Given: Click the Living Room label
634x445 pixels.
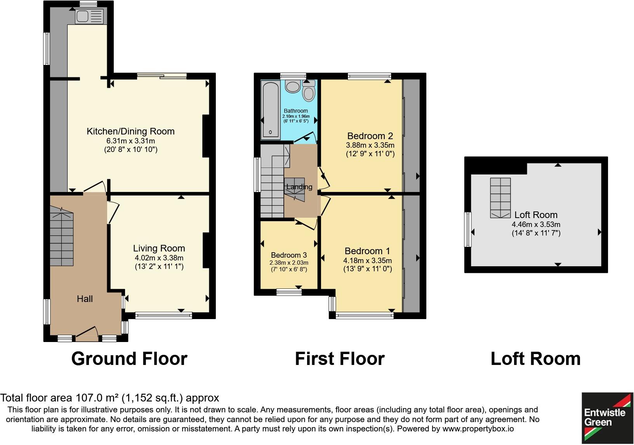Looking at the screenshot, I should tap(159, 248).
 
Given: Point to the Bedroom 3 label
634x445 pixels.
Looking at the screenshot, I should tap(289, 255).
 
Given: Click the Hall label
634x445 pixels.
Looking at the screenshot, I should tap(85, 299).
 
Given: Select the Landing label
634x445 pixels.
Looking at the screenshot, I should tap(299, 187).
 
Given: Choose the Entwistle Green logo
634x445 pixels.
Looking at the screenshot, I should tap(607, 418).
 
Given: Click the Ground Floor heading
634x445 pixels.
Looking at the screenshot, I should tap(129, 358).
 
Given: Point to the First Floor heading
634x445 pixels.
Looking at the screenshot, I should tap(340, 358).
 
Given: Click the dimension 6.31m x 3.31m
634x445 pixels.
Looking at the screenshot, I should tap(131, 141).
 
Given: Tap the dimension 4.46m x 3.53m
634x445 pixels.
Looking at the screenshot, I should tap(536, 224).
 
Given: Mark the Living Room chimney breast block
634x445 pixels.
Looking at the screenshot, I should tap(206, 250).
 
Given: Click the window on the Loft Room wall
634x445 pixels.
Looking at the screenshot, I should tap(468, 229).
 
